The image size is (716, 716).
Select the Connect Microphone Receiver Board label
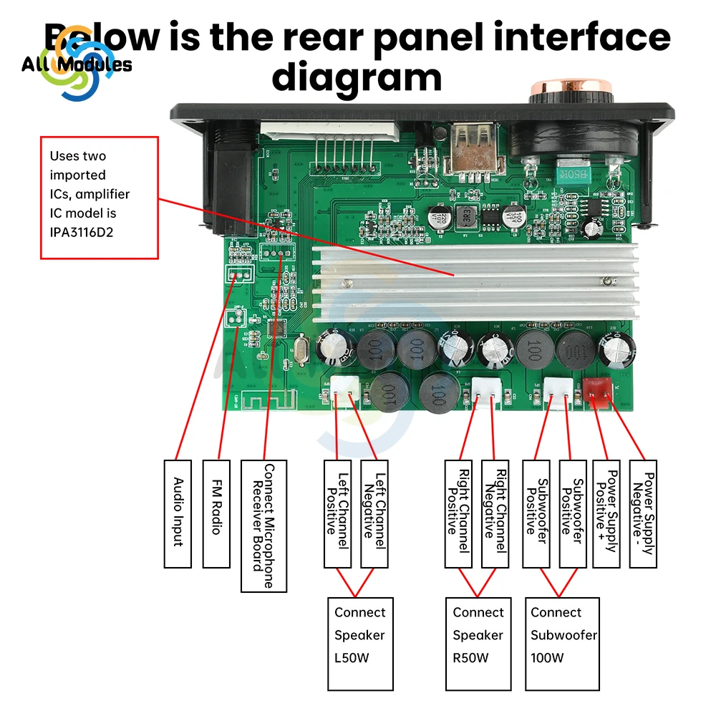pos(263,526)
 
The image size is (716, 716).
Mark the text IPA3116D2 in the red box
pos(82,231)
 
